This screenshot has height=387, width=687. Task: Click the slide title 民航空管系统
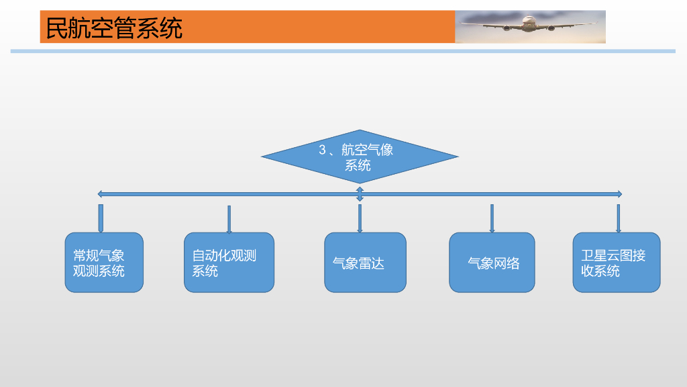[114, 28]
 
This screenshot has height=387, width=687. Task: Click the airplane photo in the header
[530, 27]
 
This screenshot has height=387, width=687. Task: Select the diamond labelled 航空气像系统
[360, 156]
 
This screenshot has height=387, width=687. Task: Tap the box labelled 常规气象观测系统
[104, 263]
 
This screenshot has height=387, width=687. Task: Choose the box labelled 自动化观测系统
[229, 263]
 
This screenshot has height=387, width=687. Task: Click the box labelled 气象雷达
[365, 263]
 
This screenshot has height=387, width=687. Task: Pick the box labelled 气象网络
[492, 263]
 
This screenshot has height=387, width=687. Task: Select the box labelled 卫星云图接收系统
[616, 263]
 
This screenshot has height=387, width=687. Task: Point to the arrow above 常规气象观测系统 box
[101, 218]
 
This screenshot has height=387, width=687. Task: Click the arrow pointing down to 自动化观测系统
[229, 219]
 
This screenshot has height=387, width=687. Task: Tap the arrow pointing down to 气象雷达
[360, 219]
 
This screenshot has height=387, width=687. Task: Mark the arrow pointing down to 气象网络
[492, 218]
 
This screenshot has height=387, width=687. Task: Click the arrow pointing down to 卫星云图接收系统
[618, 218]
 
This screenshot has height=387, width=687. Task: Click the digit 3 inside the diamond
[322, 150]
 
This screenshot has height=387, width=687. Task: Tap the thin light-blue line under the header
[342, 51]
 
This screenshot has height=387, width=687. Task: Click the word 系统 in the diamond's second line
[358, 165]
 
